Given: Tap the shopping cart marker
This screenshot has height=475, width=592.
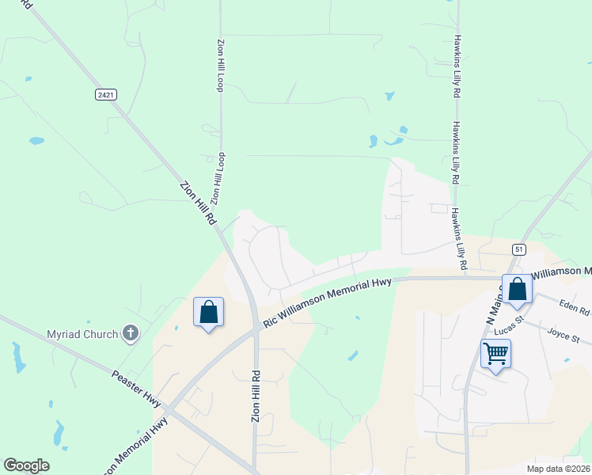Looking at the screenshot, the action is click(x=495, y=354).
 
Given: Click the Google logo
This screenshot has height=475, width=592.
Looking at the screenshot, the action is click(x=26, y=465).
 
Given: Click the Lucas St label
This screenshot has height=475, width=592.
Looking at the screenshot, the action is click(x=509, y=326).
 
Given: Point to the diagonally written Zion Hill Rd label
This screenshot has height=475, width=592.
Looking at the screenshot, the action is click(x=198, y=205).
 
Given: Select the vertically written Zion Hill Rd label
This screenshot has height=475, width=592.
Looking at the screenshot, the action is click(x=256, y=395).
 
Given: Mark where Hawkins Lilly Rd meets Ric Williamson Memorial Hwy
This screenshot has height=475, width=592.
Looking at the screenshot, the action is click(x=463, y=278).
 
